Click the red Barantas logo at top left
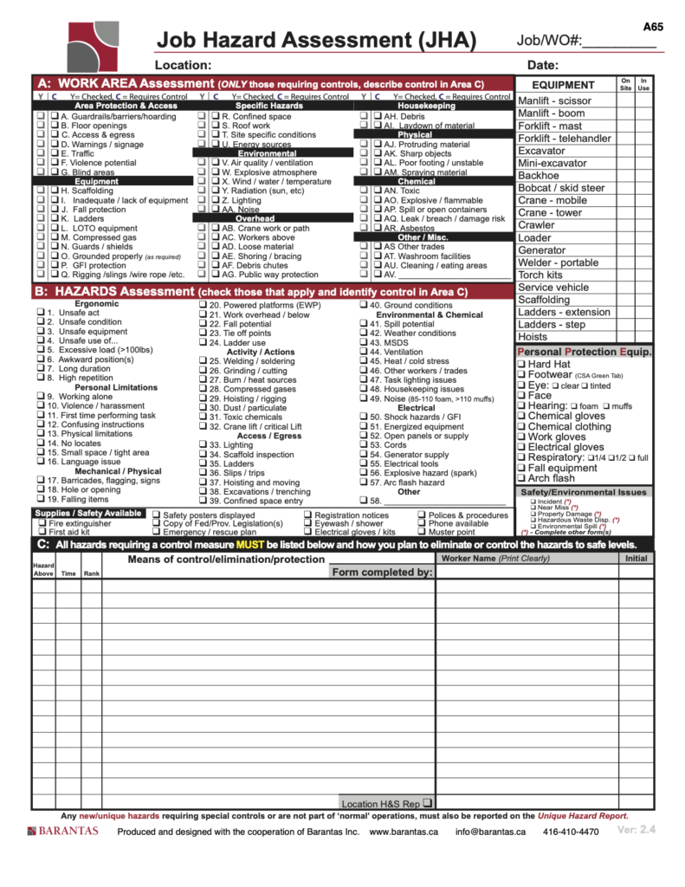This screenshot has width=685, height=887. click(x=96, y=44)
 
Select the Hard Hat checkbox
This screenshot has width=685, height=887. click(x=521, y=365)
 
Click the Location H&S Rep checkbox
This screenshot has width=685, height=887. click(x=428, y=802)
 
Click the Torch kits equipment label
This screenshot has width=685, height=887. click(x=540, y=275)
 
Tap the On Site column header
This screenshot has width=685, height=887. click(x=625, y=84)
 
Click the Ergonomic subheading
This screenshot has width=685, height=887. click(x=96, y=304)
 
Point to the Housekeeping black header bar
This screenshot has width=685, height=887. click(x=426, y=106)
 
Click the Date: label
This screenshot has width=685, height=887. click(x=542, y=65)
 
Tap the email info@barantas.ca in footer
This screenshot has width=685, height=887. click(x=490, y=832)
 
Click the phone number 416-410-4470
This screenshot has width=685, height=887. click(x=571, y=832)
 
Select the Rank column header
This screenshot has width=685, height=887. click(x=91, y=573)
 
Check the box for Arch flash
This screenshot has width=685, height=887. click(x=521, y=478)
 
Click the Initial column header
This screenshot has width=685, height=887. click(x=636, y=559)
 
